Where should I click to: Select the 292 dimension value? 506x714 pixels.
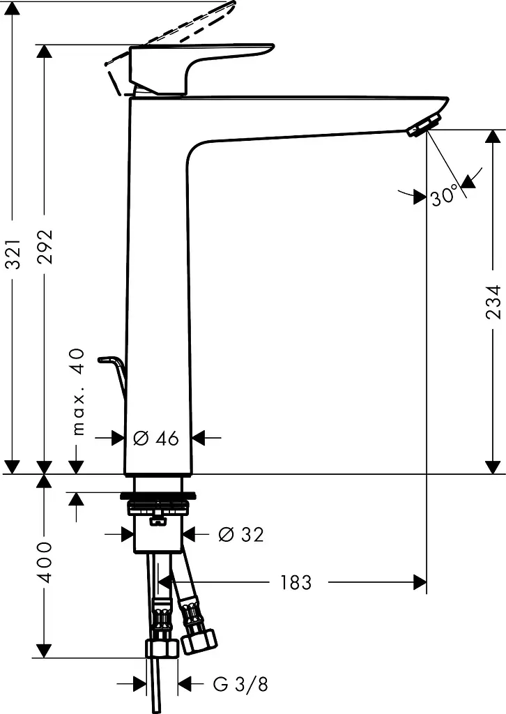coord(45,247)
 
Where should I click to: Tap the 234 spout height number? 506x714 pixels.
coord(493,302)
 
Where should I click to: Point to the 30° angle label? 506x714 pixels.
coord(443,196)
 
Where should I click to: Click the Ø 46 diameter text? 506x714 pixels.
coord(156,439)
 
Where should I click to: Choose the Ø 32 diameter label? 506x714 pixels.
coord(240,534)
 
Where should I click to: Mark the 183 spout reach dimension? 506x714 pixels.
coord(296,582)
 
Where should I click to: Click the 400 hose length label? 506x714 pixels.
coord(45,562)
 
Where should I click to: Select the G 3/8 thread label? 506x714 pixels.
coord(240,684)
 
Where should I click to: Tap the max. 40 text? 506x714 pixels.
coord(79,392)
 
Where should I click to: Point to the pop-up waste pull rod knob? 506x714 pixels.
coord(105,360)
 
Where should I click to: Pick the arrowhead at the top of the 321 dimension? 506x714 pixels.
coord(14,8)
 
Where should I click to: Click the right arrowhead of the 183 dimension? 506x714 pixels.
coord(420,582)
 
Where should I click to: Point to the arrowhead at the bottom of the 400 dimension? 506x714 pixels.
coord(44,651)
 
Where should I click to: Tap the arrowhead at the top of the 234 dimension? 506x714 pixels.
coord(493,137)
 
